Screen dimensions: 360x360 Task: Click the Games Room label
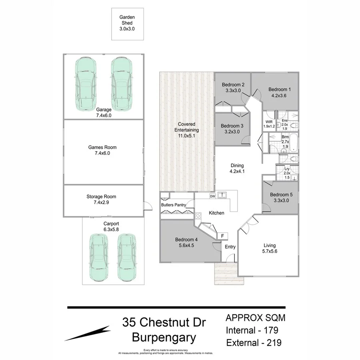[102, 147]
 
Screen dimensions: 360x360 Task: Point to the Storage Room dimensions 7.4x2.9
[101, 203]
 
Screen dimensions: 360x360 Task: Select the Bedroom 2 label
[233, 84]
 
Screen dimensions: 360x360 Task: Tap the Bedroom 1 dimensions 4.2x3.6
[280, 96]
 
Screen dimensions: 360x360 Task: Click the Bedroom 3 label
[232, 126]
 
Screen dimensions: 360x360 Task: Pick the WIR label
[268, 122]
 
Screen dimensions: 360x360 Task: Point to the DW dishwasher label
[212, 196]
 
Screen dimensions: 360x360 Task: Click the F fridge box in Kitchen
[222, 236]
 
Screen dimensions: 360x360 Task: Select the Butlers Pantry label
[174, 205]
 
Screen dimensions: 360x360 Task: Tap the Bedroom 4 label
[186, 240]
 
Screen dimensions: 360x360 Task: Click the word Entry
[230, 247]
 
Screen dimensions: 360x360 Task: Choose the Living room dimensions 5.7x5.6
[269, 252]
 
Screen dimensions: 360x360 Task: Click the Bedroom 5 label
[280, 195]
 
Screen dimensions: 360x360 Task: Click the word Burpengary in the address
[164, 338]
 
